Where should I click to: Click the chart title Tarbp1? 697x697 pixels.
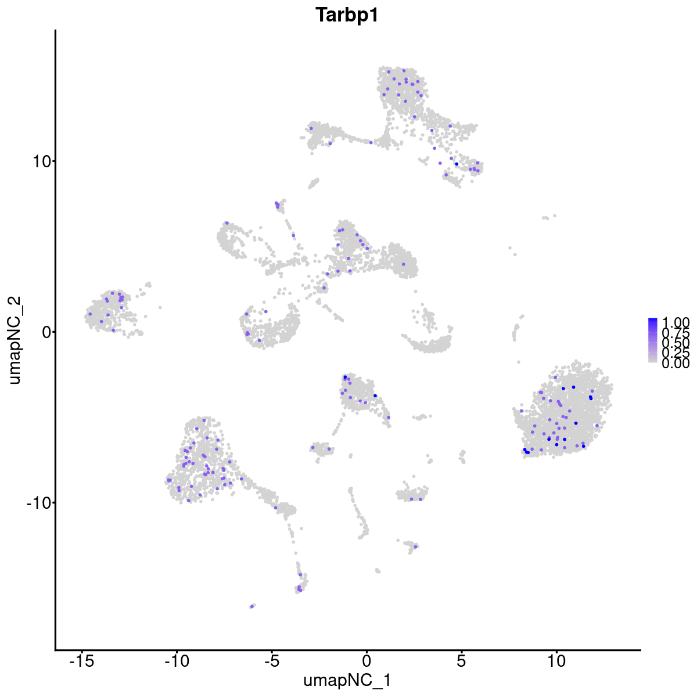347,15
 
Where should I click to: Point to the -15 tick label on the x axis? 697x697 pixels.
82,662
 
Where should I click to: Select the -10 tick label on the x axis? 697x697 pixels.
177,662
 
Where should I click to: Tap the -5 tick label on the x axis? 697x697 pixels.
271,662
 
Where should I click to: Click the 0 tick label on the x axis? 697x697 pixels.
367,662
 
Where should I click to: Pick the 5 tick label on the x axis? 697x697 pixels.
461,662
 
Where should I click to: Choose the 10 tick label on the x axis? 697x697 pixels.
556,662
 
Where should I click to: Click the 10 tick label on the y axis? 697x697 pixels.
40,161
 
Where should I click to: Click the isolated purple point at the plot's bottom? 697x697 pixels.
253,606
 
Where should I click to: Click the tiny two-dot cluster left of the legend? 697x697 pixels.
548,217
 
